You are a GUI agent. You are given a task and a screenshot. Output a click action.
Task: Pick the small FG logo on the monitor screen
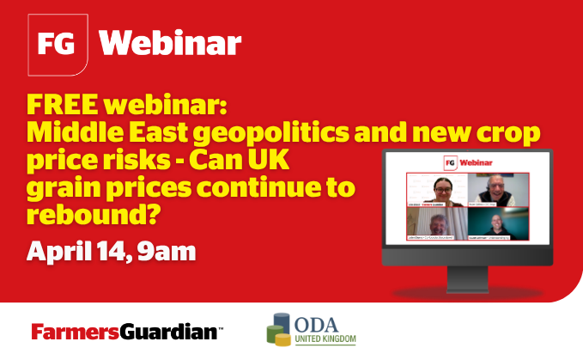click(449, 162)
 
